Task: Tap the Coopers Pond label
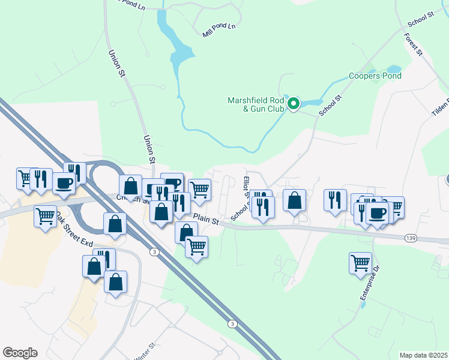coord(375,76)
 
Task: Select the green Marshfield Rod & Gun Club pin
coord(294,104)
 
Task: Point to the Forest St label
coord(413,45)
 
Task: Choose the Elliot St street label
coord(246,185)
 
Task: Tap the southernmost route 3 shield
coord(232,324)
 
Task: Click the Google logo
coord(20,353)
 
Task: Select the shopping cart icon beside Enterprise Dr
coord(360,262)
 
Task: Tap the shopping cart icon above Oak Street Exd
coord(46,215)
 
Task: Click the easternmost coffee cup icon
coord(377,212)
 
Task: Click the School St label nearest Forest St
coord(421,19)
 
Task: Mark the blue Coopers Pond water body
coord(393,68)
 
